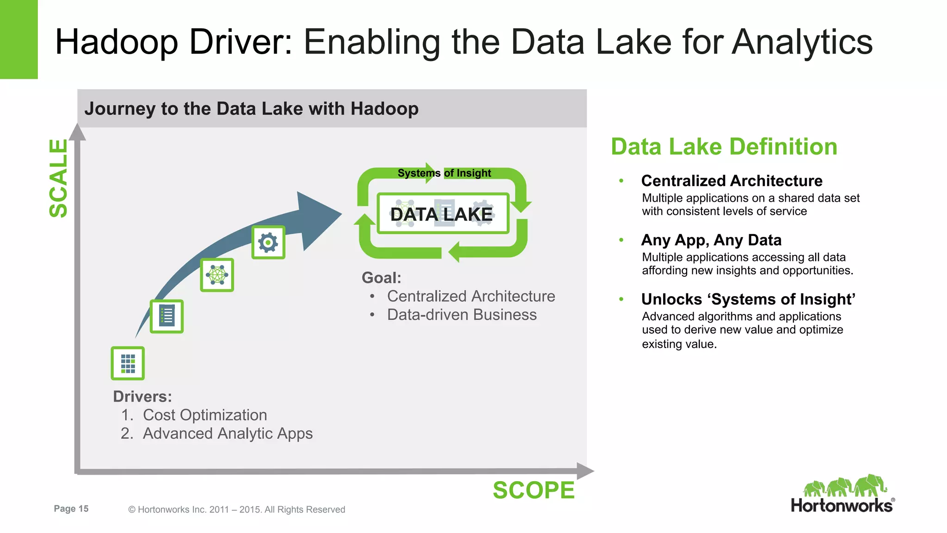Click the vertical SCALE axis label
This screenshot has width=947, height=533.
coord(59,179)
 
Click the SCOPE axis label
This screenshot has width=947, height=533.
coord(533,490)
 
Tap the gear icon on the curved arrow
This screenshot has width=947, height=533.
coord(268,242)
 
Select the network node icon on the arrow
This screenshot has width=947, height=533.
coord(217,275)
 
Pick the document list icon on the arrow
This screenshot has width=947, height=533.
coord(166,316)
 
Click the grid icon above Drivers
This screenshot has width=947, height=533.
coord(128,363)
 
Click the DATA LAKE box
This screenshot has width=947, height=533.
coord(443,214)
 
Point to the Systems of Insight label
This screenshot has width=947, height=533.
coord(444,173)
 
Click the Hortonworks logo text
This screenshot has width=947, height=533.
coord(842,505)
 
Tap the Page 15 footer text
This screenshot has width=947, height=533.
coord(71,508)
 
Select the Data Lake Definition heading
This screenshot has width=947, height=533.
coord(724,147)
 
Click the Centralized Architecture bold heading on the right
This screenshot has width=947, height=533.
coord(732,180)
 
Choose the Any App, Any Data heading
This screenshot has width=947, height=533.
coord(711,240)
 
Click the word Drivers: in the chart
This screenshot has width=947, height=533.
coord(142,397)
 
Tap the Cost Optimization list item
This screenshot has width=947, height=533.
coord(205,415)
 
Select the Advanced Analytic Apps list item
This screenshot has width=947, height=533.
coord(228,434)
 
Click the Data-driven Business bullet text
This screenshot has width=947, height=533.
coord(461,315)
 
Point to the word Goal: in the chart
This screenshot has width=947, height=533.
coord(381,278)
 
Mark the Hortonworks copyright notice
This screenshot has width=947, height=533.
coord(237,509)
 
